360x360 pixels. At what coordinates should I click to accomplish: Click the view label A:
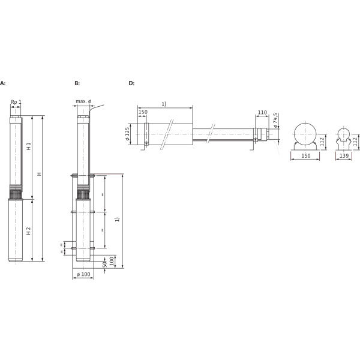point(2,83)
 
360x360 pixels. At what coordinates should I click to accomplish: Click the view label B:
point(77,83)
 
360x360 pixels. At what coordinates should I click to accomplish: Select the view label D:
point(131,83)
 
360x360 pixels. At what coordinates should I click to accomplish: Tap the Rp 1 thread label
point(16,102)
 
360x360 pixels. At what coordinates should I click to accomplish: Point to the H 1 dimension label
point(29,146)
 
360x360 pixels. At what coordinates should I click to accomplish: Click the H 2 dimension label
point(28,231)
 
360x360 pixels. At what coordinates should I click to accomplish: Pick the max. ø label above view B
point(83,101)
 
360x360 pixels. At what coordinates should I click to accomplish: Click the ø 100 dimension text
point(83,274)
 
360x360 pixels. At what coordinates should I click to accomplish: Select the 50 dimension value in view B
point(104,264)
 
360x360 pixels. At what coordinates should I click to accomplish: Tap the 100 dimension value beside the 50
point(112,261)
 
